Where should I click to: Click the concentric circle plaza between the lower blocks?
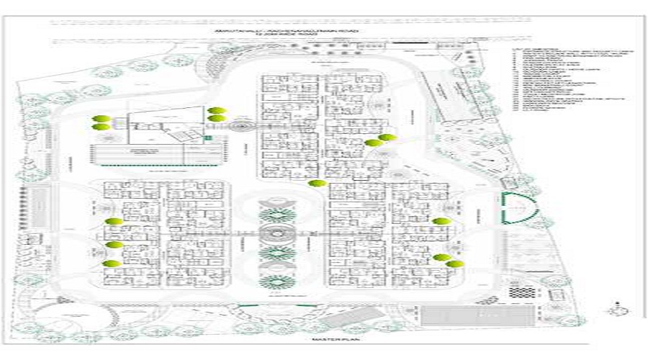coord(277,235)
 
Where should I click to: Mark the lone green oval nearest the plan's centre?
coord(314,183)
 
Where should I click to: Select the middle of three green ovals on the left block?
coord(113,245)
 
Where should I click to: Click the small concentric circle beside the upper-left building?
coord(238,127)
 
